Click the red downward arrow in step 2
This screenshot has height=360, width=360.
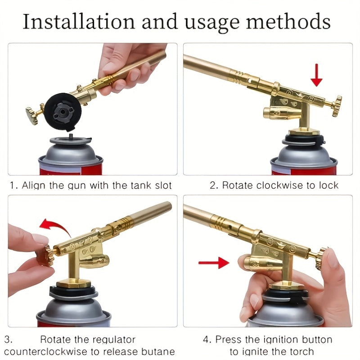coord(317,75)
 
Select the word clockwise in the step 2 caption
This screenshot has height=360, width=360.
coord(282,185)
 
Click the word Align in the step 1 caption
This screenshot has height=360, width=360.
coord(33,185)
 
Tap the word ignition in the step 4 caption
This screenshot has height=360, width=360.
coord(270,339)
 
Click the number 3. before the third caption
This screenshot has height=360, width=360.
coord(9,339)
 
